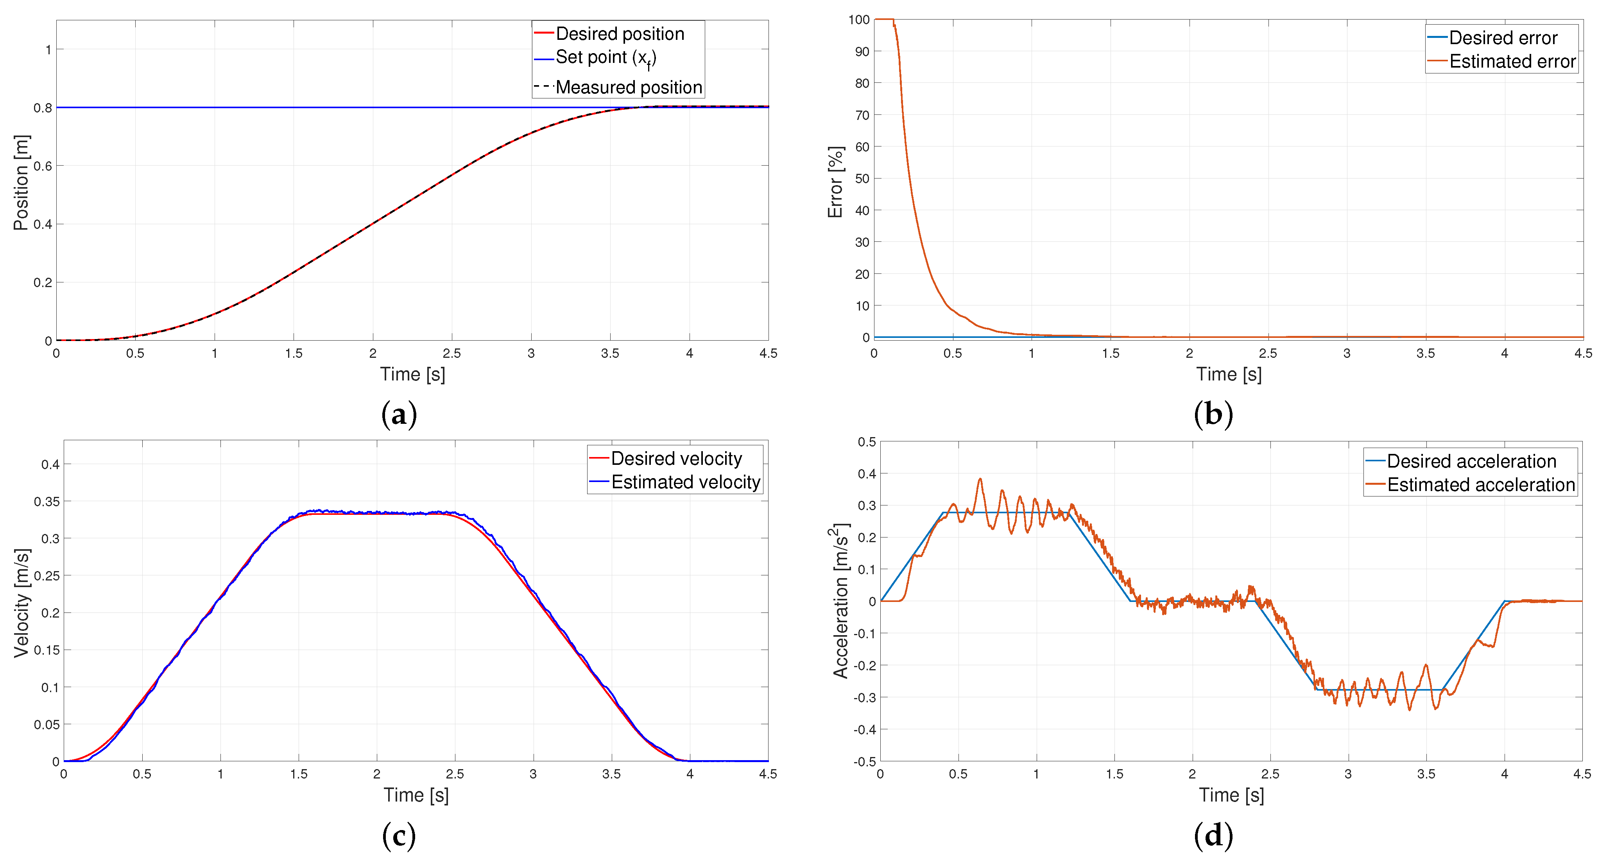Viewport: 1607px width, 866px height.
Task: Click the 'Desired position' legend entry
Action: [620, 34]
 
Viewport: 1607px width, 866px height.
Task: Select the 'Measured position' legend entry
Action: [628, 87]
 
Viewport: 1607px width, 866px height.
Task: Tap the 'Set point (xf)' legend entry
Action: [605, 58]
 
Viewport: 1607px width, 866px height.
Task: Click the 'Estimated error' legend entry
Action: [1512, 62]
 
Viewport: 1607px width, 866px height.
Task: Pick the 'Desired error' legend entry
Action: [1502, 38]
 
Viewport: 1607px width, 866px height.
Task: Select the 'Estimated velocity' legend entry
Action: [685, 482]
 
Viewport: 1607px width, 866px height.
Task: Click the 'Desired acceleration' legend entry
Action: [1471, 461]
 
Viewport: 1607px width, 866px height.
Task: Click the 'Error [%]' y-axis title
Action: [835, 182]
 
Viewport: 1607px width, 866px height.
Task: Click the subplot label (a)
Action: [399, 414]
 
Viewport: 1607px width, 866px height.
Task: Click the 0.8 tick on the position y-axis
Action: [43, 108]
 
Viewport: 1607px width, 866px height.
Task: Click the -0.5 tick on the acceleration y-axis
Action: [865, 761]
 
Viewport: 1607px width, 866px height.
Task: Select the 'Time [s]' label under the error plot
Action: [1228, 374]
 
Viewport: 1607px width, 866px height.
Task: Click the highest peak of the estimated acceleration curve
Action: [980, 479]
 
